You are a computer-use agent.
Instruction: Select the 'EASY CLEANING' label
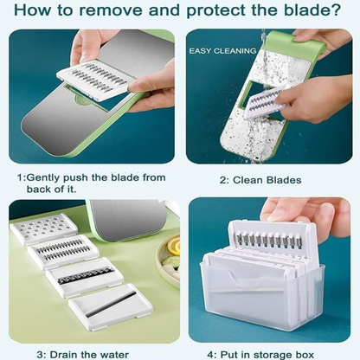[x=222, y=51]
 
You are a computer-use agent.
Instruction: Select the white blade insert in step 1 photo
[x=93, y=80]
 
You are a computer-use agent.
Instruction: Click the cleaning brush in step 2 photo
[x=262, y=104]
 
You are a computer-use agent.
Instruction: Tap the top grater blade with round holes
[x=43, y=228]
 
